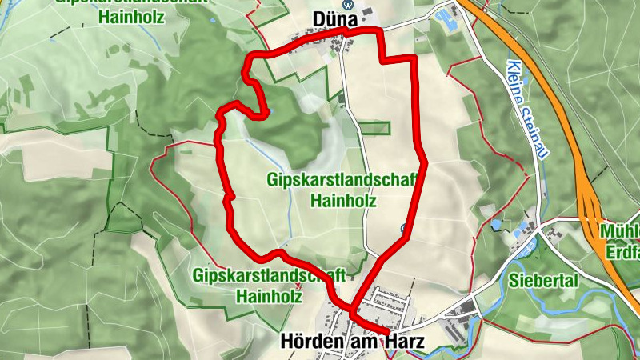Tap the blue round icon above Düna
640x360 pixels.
[x=347, y=3]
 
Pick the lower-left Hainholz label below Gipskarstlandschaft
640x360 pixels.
[x=269, y=294]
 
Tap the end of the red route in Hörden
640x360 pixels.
[x=388, y=330]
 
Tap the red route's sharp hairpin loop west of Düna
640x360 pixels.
[x=258, y=102]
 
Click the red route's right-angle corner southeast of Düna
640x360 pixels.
[x=414, y=58]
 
